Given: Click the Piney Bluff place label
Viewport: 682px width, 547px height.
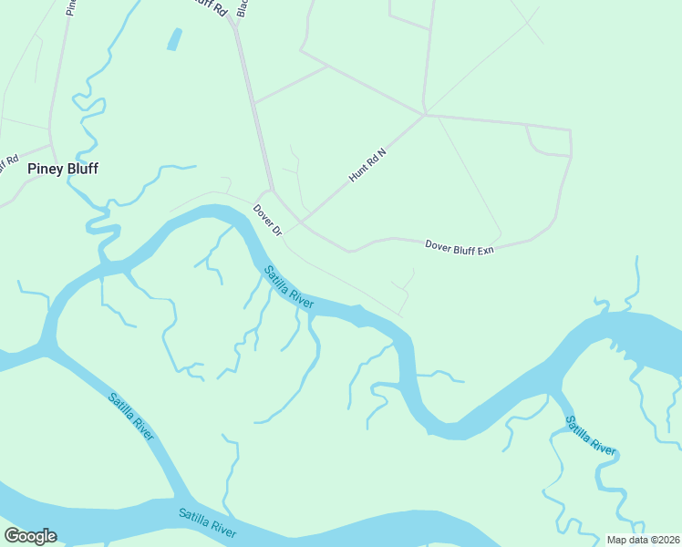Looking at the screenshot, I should click(62, 169).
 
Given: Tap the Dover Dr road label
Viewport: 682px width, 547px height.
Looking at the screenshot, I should click(268, 220).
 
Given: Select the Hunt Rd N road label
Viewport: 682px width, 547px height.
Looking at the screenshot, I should click(367, 165).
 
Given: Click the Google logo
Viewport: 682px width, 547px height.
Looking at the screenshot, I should click(30, 536).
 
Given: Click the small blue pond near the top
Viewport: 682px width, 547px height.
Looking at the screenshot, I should click(173, 39).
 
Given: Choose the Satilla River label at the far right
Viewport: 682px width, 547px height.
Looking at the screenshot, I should click(590, 436).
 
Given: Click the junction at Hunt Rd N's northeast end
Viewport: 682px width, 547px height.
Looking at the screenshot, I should click(424, 115).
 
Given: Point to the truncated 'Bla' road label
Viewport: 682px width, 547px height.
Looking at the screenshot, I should click(242, 7).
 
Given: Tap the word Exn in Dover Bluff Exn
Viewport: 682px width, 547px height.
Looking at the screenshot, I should click(484, 249).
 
